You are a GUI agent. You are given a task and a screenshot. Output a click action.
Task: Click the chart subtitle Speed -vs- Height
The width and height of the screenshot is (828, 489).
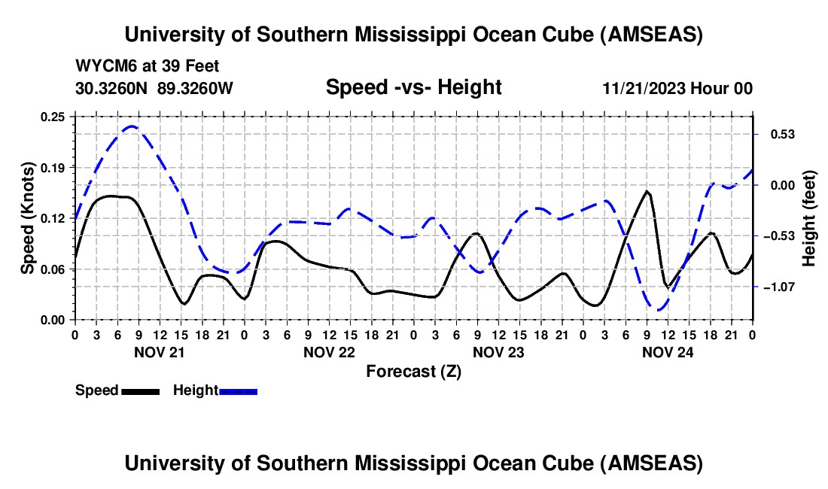[413, 88]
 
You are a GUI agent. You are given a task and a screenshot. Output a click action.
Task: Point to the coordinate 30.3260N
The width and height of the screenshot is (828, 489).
[112, 88]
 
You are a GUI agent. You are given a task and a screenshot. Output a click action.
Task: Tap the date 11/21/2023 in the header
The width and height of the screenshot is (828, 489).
[644, 88]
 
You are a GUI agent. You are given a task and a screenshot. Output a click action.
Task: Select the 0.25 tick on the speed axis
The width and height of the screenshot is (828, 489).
[53, 117]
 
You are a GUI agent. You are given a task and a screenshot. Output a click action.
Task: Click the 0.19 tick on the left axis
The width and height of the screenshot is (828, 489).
[53, 167]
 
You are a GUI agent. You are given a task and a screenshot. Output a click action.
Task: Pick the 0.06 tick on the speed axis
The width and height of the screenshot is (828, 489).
[53, 269]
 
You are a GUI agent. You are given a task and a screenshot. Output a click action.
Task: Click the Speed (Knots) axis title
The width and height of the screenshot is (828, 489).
[28, 218]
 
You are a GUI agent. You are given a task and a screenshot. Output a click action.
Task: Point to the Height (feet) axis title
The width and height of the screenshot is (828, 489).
[809, 218]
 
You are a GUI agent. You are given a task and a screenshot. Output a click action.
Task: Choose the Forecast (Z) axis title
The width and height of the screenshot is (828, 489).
[413, 371]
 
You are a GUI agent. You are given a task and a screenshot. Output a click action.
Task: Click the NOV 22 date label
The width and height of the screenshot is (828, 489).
[329, 352]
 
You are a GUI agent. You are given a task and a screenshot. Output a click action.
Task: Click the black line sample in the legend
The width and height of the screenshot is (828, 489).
[140, 390]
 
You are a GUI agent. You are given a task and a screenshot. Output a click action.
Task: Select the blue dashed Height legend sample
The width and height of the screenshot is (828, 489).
[238, 390]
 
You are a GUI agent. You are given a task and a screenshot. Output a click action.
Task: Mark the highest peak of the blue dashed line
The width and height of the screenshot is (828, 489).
[132, 126]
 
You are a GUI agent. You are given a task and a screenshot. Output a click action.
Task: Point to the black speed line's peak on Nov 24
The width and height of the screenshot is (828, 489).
[647, 191]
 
